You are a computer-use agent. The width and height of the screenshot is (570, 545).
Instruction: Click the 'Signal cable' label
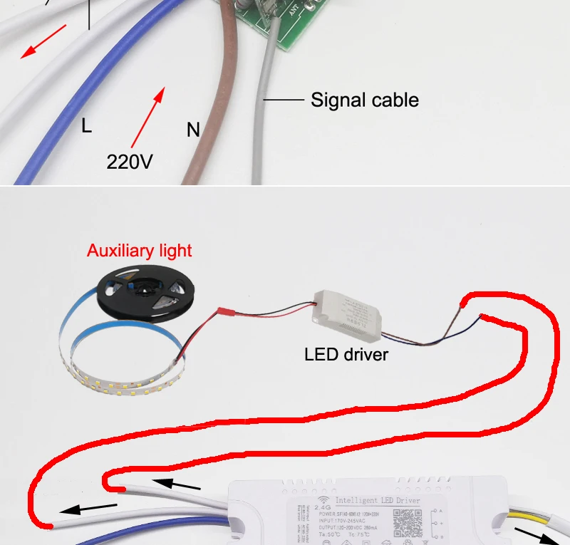click(364, 100)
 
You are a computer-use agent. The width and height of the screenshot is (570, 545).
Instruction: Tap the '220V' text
click(130, 162)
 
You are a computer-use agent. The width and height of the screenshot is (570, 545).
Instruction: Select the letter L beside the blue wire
click(86, 126)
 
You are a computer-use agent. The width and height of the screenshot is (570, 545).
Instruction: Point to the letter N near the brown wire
click(193, 130)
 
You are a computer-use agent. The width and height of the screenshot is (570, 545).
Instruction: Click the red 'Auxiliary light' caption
click(139, 251)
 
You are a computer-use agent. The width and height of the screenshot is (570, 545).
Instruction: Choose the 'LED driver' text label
click(346, 354)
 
